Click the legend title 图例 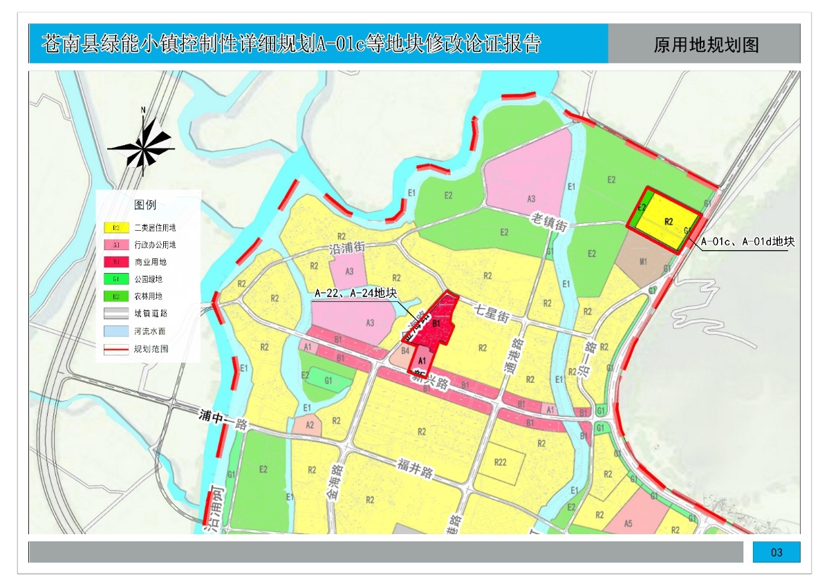pos(145,205)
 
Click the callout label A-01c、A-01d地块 pos(747,242)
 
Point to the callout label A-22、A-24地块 pos(355,294)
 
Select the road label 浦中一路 pos(223,421)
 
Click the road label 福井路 pos(415,469)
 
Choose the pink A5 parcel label pos(628,523)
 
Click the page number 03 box pos(776,552)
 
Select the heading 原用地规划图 pos(706,45)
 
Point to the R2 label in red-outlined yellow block pos(669,222)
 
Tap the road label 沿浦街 pos(347,247)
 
